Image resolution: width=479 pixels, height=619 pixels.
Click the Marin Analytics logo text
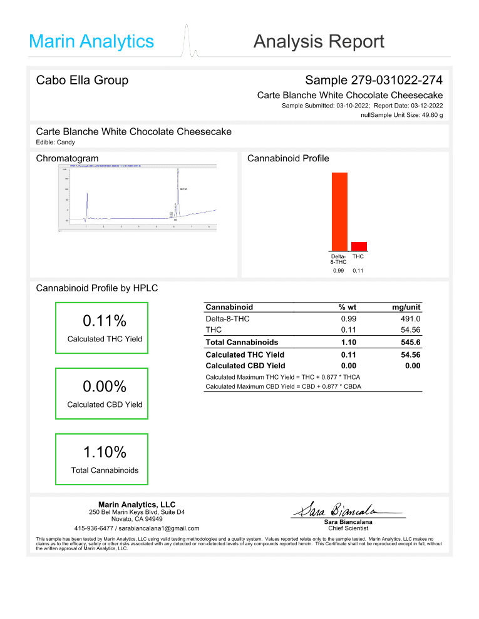point(91,42)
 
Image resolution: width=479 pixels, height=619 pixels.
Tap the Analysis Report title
point(319,42)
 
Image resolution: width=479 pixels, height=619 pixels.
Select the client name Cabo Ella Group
point(82,80)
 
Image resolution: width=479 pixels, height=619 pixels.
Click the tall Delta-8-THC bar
point(339,211)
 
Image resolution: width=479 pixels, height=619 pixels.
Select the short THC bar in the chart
point(359,246)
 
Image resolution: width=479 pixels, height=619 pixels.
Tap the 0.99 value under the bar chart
point(338,271)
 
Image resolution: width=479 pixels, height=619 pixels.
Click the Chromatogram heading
point(68,158)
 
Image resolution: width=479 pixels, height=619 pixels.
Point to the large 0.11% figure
point(105,321)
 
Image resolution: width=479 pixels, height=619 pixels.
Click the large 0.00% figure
point(105,386)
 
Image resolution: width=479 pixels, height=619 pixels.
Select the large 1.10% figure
point(105,451)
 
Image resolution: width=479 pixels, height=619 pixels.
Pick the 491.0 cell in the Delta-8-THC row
point(409,318)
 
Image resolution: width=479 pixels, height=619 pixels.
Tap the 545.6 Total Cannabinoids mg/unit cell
point(409,342)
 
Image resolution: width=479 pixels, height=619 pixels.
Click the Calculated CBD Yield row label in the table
point(245,366)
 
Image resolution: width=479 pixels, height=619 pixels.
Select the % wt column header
point(348,307)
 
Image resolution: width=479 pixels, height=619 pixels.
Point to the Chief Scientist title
point(348,528)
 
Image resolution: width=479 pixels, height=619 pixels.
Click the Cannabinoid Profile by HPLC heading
point(97,288)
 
